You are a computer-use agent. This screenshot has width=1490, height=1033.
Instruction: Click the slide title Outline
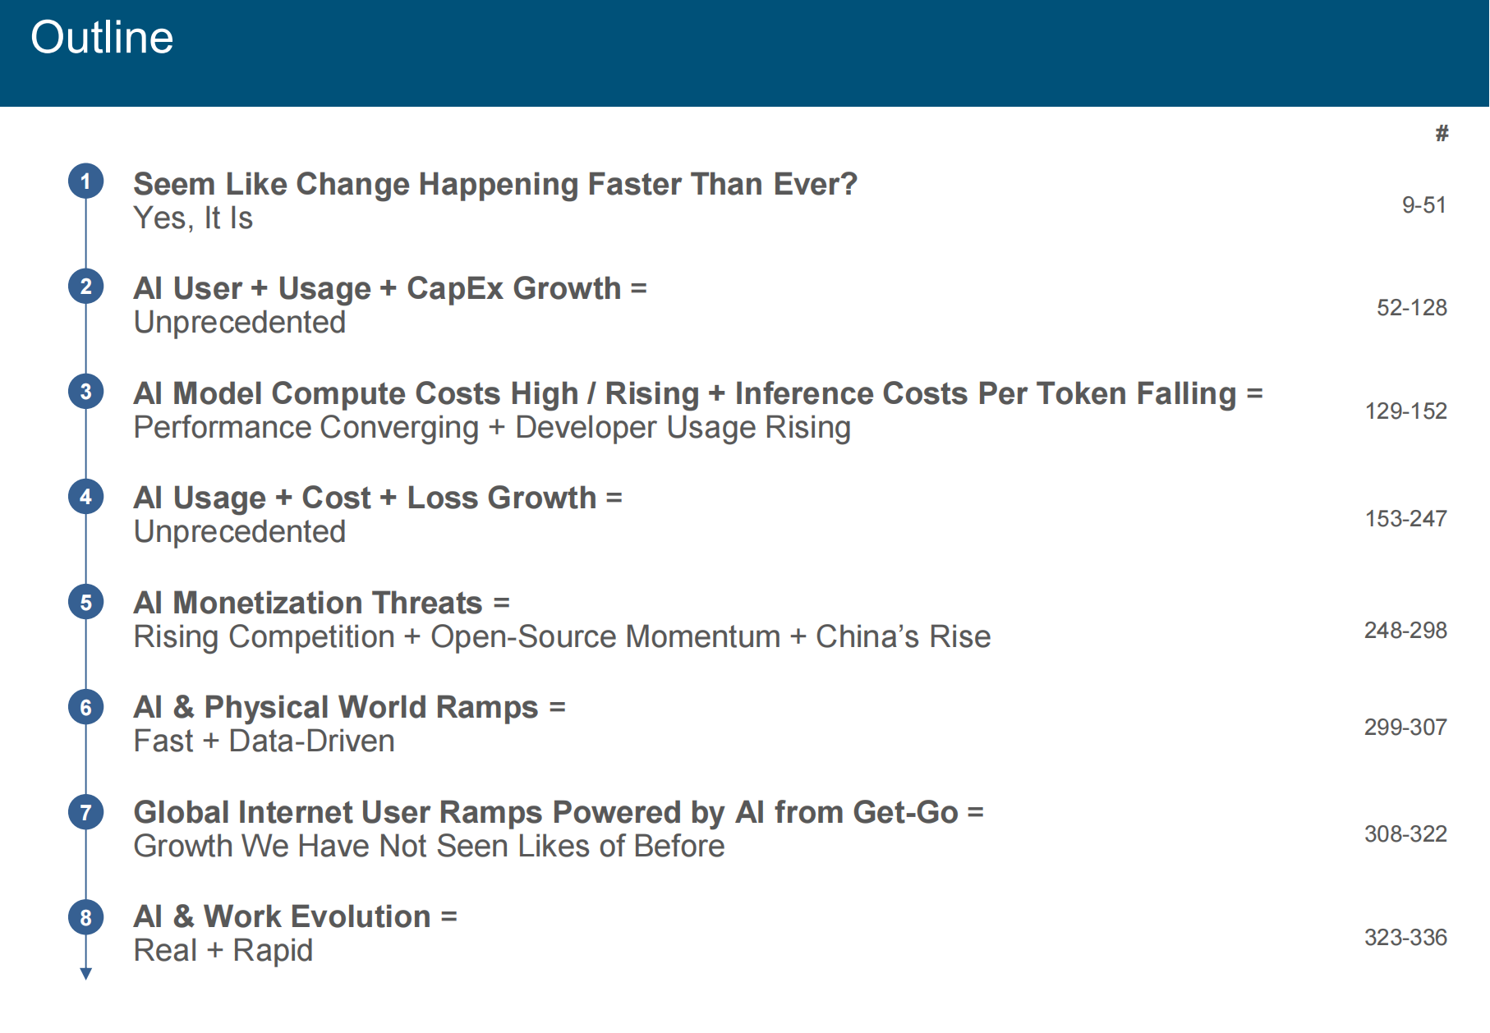pos(102,38)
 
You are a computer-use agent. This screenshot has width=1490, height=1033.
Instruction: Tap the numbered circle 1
pos(85,181)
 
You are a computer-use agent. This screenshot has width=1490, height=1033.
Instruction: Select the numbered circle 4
pos(85,496)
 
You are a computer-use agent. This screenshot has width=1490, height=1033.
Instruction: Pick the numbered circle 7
pos(85,812)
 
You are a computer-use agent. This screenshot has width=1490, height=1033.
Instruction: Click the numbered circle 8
pos(85,917)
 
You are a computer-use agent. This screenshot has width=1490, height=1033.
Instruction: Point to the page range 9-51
pos(1423,204)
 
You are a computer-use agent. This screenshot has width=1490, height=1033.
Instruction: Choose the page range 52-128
pos(1411,307)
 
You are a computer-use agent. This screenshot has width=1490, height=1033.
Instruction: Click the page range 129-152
pos(1405,411)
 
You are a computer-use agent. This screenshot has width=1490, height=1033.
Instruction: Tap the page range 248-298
pos(1405,630)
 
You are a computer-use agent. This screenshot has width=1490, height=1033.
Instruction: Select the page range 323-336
pos(1405,937)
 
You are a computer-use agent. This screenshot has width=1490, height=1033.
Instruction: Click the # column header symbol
pos(1442,133)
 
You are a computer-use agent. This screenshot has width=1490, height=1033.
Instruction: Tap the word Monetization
pos(328,603)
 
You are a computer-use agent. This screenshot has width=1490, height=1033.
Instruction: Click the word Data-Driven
pos(311,741)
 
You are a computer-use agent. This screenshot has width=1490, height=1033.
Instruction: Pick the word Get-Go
pos(905,812)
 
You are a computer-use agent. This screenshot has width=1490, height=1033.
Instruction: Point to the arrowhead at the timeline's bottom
pos(85,974)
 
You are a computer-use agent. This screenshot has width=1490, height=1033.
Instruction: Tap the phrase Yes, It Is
pos(193,218)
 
